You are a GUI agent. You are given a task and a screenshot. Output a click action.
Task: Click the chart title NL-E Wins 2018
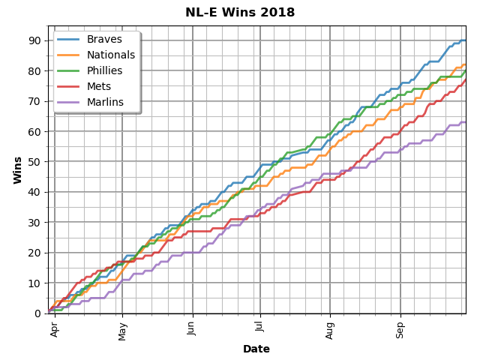[240, 13]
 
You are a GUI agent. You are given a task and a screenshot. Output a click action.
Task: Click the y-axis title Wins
[17, 169]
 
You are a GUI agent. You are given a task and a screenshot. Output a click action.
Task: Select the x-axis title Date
[256, 349]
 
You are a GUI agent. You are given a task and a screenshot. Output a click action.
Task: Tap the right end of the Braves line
[465, 40]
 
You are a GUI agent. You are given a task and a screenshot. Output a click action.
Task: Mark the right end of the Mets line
[465, 80]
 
